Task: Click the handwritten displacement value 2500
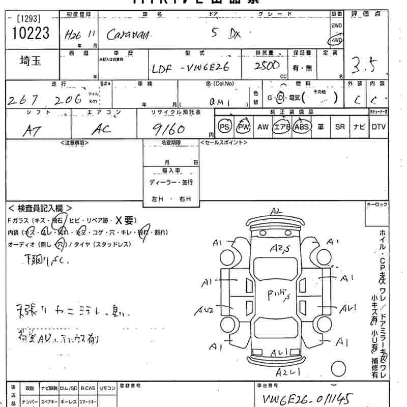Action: pyautogui.click(x=267, y=66)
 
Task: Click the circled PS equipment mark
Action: pyautogui.click(x=224, y=127)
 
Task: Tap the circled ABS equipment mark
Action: pyautogui.click(x=302, y=127)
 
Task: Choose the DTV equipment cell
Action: pyautogui.click(x=378, y=127)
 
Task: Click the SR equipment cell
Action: pyautogui.click(x=340, y=127)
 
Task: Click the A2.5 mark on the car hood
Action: pyautogui.click(x=280, y=248)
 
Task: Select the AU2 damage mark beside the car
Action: pyautogui.click(x=206, y=310)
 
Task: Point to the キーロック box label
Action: pyautogui.click(x=376, y=205)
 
